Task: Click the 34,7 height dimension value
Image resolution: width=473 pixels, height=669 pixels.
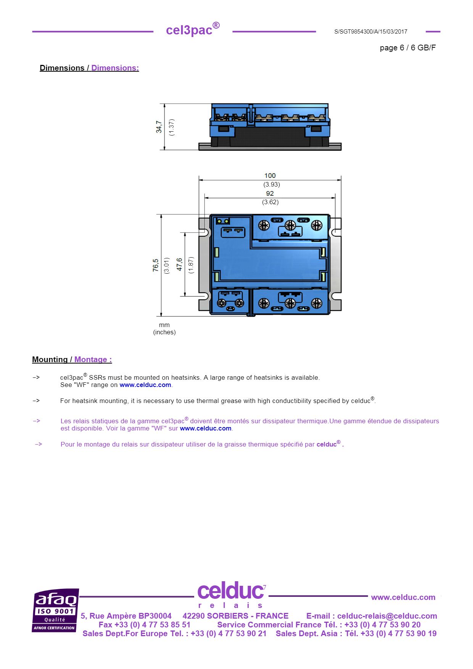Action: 159,127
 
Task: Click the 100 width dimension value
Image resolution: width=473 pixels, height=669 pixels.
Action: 270,176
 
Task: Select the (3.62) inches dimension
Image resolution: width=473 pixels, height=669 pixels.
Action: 270,202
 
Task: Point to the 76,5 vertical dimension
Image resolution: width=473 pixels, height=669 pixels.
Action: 156,265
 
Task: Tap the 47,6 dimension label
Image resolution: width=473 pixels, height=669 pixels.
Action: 179,264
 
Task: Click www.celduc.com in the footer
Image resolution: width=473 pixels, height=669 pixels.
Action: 403,597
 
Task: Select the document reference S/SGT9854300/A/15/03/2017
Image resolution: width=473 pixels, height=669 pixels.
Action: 370,32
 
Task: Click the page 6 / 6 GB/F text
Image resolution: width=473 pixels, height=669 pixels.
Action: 407,48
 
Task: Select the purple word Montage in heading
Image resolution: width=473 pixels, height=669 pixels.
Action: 91,359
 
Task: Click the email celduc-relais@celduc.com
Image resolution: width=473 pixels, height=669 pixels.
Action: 387,616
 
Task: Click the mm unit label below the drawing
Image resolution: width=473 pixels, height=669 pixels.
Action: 164,325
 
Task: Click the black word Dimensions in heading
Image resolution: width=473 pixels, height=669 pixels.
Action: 62,68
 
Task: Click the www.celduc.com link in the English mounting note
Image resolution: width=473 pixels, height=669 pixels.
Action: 145,385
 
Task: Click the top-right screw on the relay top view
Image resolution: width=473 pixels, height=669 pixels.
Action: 316,226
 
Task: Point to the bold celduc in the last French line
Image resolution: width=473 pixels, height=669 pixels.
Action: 326,445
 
